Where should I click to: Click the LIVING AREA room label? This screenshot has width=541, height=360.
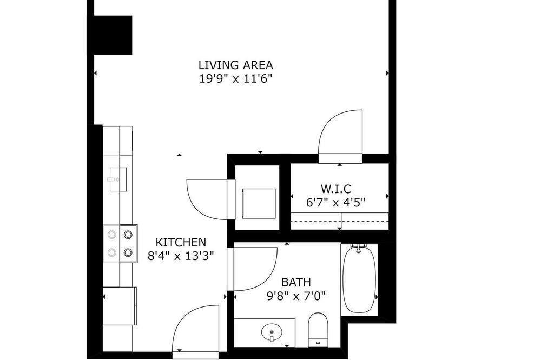point(236,65)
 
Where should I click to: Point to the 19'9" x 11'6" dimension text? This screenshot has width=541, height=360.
point(236,79)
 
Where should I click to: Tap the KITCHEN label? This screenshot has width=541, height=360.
point(181,242)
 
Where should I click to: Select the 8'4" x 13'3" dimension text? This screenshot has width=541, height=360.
point(181,256)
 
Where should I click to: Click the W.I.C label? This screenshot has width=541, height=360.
point(336,189)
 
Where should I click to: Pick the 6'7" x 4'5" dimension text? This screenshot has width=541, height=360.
point(336,202)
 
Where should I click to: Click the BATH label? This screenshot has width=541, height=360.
point(296,282)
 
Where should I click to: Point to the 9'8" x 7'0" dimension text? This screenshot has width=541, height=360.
point(296,296)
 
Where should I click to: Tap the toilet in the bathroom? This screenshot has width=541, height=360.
point(318,330)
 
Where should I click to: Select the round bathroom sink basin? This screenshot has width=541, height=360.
point(272,332)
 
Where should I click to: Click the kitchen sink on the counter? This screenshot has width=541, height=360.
point(118,179)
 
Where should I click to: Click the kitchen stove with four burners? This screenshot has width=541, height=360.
point(120,244)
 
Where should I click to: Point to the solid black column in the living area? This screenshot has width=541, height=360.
point(113,35)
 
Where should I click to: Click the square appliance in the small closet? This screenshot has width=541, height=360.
point(259,203)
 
